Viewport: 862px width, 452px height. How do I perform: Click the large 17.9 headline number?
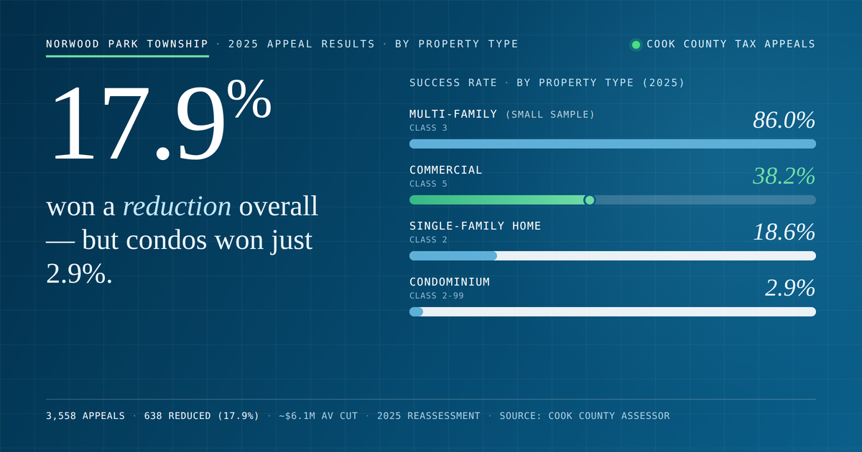tap(139, 122)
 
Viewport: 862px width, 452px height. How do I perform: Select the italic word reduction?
tap(177, 206)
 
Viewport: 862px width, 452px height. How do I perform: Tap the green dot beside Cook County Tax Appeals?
tap(636, 45)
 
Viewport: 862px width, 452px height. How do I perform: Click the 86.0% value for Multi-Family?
tap(784, 120)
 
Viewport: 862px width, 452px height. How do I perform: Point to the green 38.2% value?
tap(784, 176)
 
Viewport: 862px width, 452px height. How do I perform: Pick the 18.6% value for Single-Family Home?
tap(784, 232)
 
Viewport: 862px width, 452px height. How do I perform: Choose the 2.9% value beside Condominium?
tap(790, 288)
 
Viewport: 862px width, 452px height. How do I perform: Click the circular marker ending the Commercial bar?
tap(589, 200)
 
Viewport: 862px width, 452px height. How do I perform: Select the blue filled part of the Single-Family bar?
tap(453, 255)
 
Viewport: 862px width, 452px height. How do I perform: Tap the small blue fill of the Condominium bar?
tap(416, 311)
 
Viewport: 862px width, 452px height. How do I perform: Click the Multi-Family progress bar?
tap(613, 143)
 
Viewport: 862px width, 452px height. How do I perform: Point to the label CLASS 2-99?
tap(437, 296)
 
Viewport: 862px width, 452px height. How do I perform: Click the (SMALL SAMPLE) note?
tap(550, 115)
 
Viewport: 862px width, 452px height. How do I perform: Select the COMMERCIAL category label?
tap(445, 170)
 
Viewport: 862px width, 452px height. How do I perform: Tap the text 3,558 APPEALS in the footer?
tap(85, 416)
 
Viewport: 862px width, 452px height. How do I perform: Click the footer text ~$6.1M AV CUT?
tap(318, 416)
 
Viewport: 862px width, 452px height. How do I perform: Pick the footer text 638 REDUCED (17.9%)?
tap(202, 416)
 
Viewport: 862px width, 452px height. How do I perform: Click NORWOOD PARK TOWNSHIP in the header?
tap(127, 44)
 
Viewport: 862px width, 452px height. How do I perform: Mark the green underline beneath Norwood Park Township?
tap(127, 56)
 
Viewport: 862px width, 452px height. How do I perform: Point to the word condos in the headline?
tap(166, 240)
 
